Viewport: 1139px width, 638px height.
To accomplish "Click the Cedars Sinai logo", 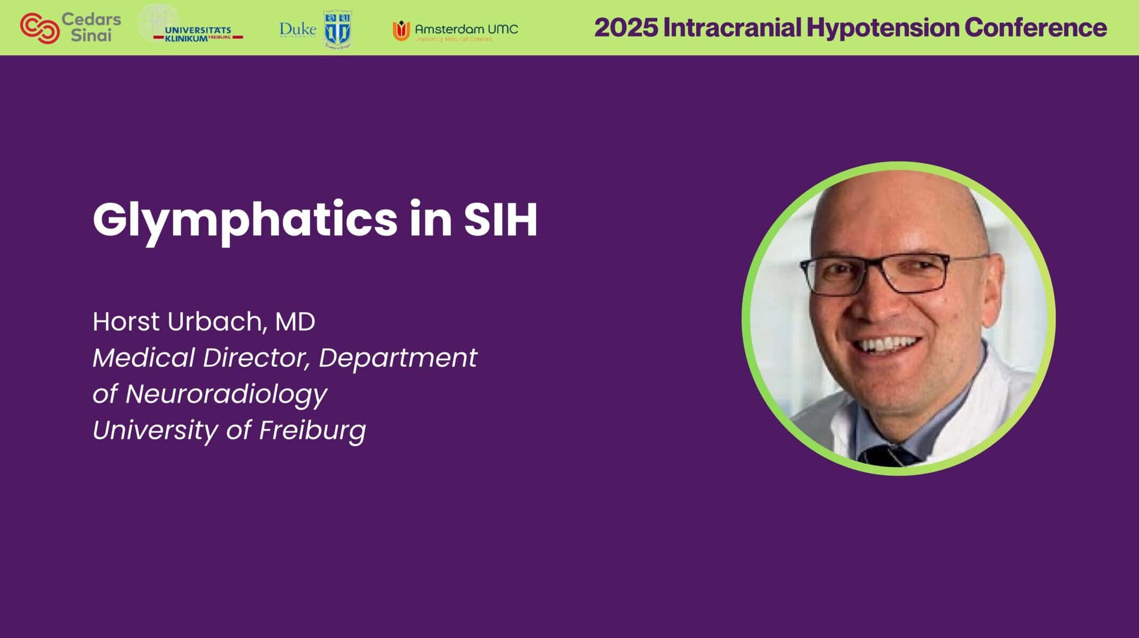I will pos(71,28).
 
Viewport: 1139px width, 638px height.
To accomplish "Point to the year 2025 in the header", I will pos(625,28).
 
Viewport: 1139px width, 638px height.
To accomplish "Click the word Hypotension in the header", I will pos(882,28).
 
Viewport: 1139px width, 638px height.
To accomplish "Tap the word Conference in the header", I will pos(1036,28).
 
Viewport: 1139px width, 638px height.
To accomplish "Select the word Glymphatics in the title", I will pos(244,220).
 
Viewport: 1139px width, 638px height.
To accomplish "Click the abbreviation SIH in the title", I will pos(500,219).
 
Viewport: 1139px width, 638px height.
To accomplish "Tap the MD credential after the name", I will pos(295,322).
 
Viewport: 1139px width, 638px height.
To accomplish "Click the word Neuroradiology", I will pos(226,394).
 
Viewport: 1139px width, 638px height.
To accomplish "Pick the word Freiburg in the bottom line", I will pos(312,431).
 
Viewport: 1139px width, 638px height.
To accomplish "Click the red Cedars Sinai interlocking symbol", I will pos(39,28).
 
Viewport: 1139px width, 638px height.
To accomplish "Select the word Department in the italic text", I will pos(397,358).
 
